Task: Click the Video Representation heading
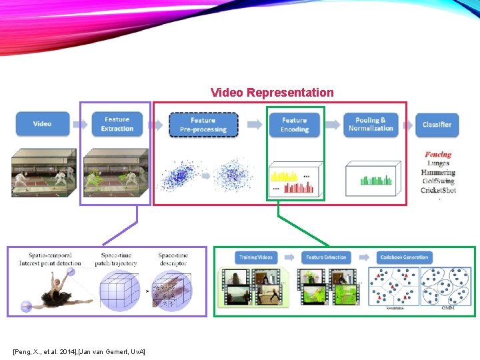coord(272,93)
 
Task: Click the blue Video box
coord(42,124)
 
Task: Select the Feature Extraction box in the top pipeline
coord(117,124)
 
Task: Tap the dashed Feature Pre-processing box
coord(203,125)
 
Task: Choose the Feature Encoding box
coord(294,125)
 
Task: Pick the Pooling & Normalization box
coord(371,125)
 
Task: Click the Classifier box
coord(437,125)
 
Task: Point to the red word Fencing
coord(438,155)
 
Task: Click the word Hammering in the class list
coord(438,173)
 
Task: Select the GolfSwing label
coord(438,181)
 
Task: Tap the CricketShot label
coord(438,191)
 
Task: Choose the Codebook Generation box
coord(404,257)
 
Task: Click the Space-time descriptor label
coord(173,259)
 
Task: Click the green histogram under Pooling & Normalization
coord(373,179)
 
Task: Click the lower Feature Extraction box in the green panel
coord(326,257)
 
